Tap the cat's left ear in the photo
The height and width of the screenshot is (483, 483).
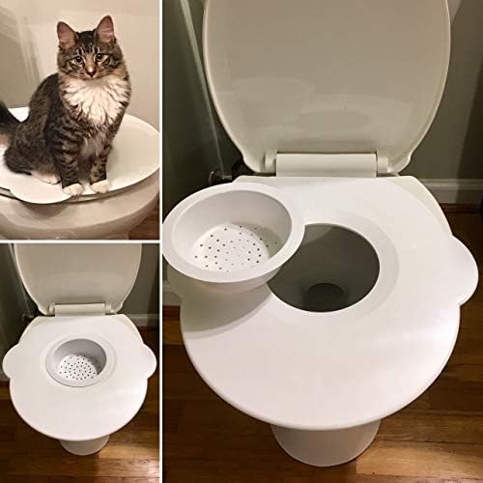pyautogui.click(x=66, y=29)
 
